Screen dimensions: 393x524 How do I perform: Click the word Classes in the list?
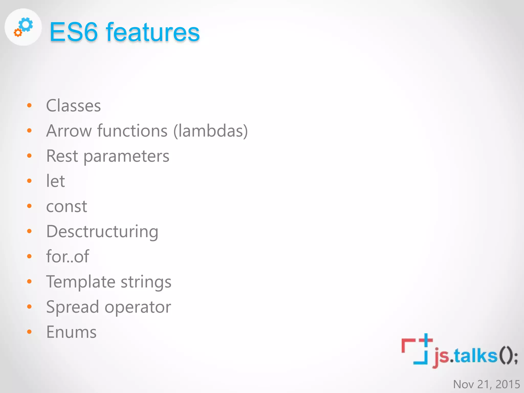73,106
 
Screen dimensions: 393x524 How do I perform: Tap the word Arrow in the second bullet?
69,131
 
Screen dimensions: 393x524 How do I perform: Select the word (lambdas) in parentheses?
211,131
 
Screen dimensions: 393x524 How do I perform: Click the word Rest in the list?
62,156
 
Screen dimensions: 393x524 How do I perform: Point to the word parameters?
126,156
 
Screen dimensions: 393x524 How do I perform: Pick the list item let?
56,181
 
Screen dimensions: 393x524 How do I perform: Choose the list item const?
67,206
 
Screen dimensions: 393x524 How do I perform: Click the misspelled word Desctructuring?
102,232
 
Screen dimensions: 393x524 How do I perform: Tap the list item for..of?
68,256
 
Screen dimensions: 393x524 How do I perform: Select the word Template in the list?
81,282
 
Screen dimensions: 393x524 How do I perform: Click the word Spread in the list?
72,307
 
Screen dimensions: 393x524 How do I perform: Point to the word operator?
138,307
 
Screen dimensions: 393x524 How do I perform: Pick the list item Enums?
71,332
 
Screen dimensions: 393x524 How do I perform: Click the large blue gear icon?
26,25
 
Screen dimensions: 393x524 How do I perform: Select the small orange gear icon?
18,32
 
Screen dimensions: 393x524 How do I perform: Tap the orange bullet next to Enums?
29,332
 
